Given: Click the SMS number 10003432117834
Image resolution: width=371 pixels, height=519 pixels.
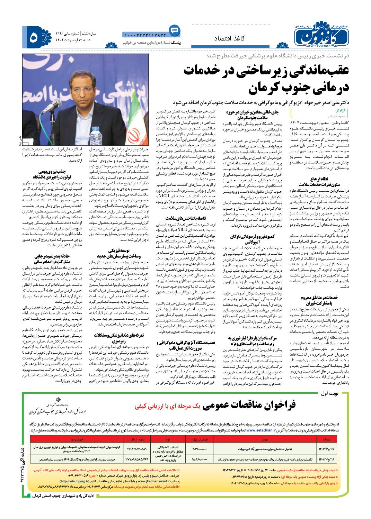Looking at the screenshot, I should [x=144, y=35].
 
